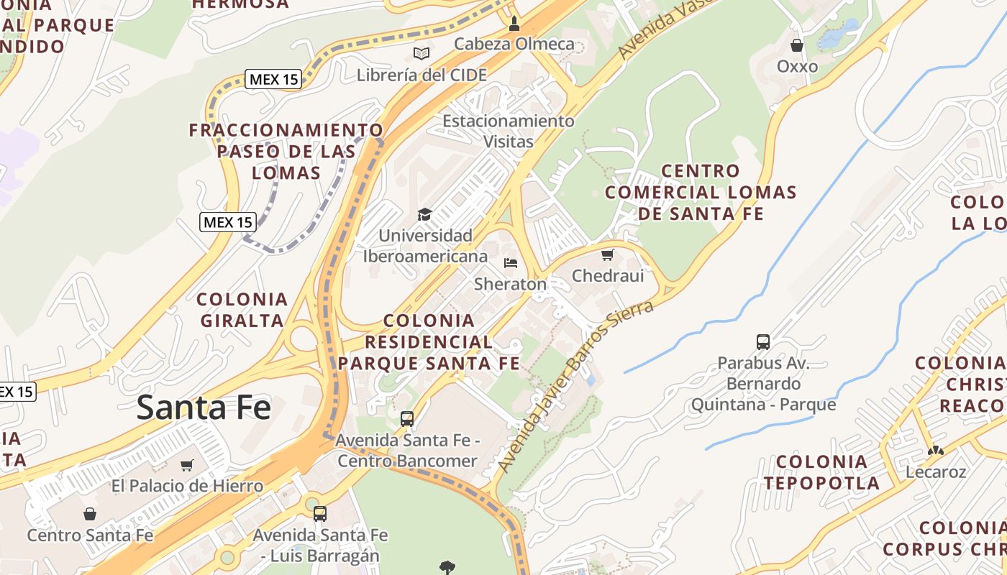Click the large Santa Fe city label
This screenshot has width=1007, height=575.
point(204,407)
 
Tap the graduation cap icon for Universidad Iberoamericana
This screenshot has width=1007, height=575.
point(425,214)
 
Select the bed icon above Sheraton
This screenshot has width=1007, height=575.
point(511,262)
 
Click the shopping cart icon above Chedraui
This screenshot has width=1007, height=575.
point(608,254)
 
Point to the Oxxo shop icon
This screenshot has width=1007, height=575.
point(797,45)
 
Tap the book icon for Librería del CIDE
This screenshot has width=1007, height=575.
point(422,53)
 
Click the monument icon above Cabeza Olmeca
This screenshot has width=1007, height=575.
point(514,24)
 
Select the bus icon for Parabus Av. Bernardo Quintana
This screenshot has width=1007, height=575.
point(763,342)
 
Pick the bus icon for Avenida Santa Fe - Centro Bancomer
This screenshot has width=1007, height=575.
point(407,418)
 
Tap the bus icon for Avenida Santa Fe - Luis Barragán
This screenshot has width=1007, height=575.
point(320,514)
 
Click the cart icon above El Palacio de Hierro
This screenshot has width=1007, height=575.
point(187,465)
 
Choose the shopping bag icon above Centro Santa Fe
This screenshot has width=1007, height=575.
point(90,514)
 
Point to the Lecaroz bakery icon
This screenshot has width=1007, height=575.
point(935,451)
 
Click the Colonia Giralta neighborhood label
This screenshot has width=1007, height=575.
point(242,310)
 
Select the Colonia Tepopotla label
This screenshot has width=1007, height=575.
point(821,472)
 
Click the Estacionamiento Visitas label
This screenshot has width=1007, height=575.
point(508,131)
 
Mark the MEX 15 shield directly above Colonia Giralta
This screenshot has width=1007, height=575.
point(228,222)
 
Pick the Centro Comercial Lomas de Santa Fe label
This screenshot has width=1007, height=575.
point(701,192)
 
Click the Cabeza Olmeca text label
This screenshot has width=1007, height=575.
point(514,44)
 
